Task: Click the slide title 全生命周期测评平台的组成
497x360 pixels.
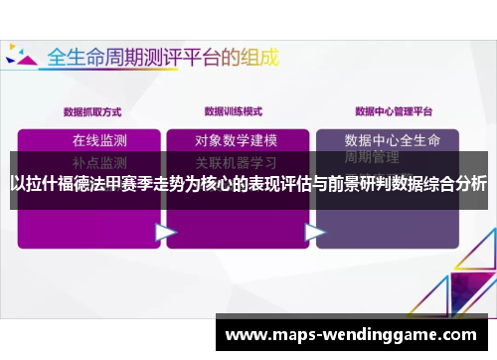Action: (x=165, y=56)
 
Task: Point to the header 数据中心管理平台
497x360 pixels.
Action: (x=389, y=110)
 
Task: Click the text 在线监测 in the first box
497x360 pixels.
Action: (x=99, y=140)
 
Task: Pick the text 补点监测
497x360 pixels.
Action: (x=99, y=161)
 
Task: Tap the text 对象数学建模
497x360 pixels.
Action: (x=236, y=140)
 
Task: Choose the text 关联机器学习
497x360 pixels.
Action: (x=236, y=161)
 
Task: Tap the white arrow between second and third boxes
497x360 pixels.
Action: (x=314, y=233)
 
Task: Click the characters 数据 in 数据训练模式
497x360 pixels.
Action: (x=213, y=110)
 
